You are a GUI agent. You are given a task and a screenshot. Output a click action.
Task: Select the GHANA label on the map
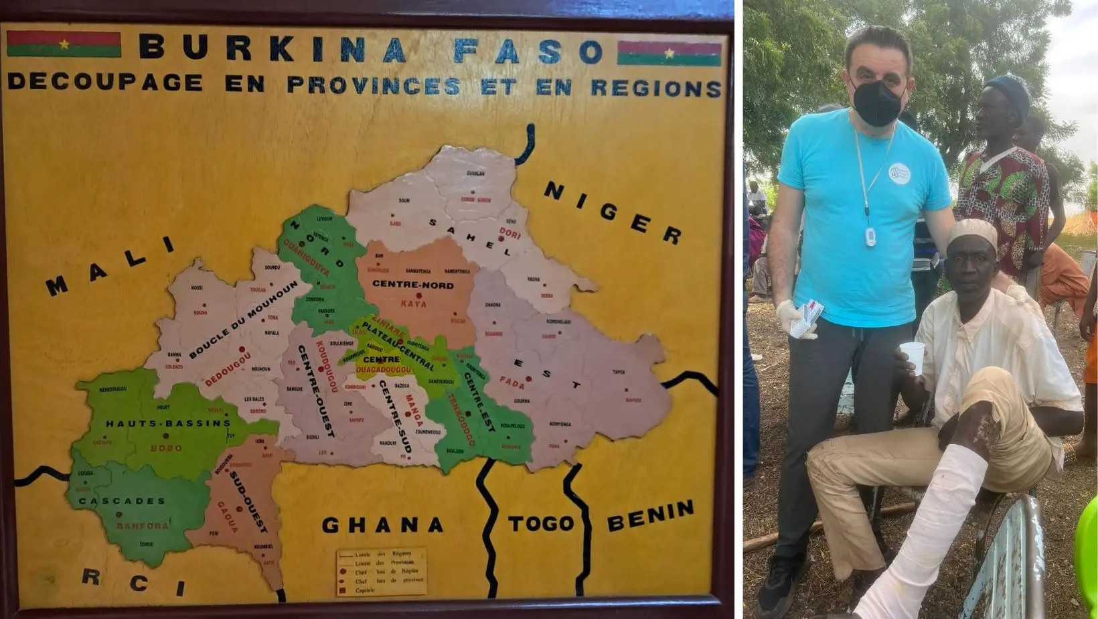(382, 525)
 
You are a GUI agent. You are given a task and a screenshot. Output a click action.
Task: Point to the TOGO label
(541, 523)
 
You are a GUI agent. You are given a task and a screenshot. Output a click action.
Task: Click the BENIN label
(650, 516)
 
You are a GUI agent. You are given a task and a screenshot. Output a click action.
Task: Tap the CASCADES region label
(121, 501)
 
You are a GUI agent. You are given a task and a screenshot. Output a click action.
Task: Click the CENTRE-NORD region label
(412, 284)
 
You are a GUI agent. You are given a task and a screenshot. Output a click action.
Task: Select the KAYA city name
(413, 303)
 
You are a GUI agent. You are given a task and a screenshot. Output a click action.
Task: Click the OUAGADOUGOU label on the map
(383, 370)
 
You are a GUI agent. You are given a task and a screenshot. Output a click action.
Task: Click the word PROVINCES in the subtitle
(374, 85)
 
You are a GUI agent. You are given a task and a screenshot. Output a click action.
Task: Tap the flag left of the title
(64, 44)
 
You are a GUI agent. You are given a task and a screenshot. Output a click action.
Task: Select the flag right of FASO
(669, 53)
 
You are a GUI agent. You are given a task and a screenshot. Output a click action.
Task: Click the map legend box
(381, 572)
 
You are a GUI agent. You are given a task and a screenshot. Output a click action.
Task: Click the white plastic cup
(912, 358)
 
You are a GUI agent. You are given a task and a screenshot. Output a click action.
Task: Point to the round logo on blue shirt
(899, 174)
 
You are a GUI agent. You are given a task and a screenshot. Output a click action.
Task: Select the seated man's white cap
(972, 232)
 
